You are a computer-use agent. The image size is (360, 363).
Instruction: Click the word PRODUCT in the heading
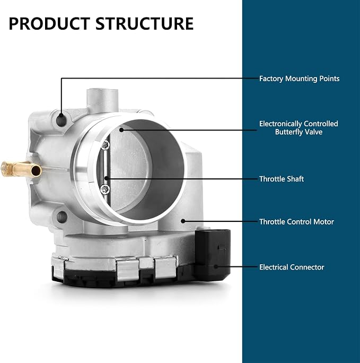click(49, 23)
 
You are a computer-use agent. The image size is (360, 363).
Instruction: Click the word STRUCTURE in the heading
click(145, 23)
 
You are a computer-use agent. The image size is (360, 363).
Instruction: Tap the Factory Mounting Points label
click(299, 79)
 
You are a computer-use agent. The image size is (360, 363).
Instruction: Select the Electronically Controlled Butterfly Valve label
click(298, 128)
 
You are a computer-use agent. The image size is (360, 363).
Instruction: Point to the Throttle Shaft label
click(282, 179)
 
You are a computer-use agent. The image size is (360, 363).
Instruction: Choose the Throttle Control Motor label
click(296, 222)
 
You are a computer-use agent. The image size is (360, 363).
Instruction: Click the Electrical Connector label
click(292, 267)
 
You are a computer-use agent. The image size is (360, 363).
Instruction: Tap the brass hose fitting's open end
click(36, 170)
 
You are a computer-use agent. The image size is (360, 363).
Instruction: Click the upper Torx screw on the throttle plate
click(105, 145)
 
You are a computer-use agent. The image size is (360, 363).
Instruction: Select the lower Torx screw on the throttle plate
click(105, 189)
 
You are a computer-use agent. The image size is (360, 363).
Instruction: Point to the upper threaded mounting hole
click(62, 120)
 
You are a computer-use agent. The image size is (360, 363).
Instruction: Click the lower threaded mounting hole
click(62, 217)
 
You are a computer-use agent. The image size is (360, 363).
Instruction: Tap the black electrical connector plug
click(213, 254)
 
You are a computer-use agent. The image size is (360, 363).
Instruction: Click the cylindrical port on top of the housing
click(102, 100)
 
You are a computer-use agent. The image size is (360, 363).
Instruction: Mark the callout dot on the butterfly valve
click(121, 130)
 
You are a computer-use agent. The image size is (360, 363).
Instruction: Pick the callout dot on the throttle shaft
click(106, 178)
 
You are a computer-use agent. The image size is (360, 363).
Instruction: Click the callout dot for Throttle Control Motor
click(183, 221)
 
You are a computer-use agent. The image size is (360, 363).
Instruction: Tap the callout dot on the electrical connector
click(216, 267)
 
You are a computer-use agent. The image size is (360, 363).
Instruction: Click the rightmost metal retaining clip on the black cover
click(165, 267)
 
